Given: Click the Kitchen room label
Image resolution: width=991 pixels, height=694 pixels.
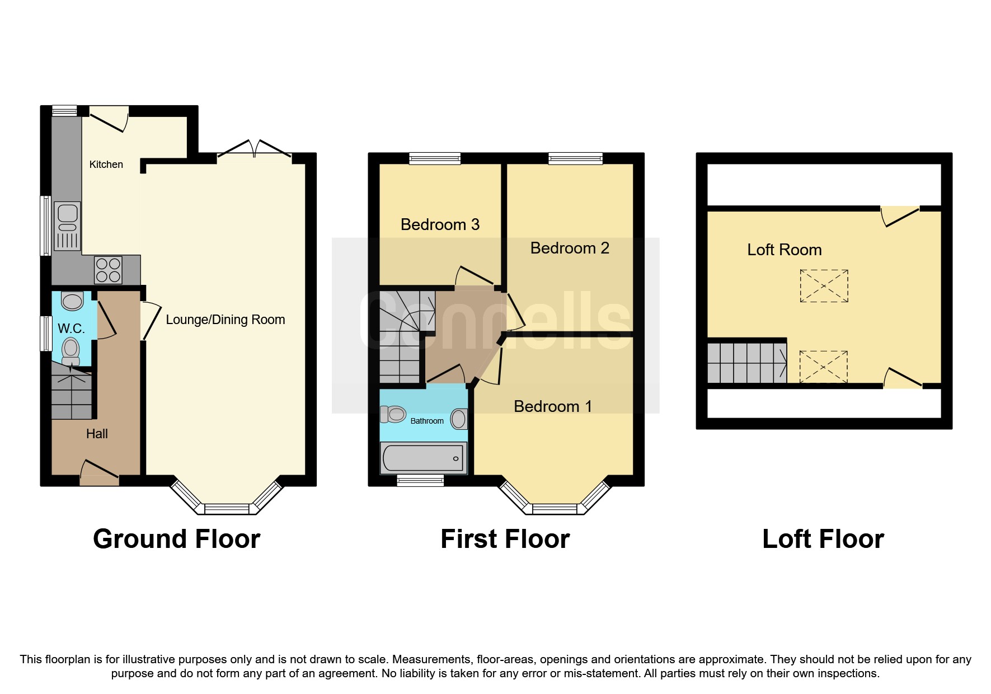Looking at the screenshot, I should [x=106, y=165].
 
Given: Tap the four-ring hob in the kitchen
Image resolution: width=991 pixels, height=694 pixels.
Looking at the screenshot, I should [x=108, y=270].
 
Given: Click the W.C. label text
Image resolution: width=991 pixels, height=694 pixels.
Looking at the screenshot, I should [x=71, y=329].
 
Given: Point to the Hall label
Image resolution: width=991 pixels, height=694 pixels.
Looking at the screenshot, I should [x=97, y=434].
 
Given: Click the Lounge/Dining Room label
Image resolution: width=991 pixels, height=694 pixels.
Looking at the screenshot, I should [x=225, y=320].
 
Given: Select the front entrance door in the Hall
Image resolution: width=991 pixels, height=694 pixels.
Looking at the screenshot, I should [x=100, y=473].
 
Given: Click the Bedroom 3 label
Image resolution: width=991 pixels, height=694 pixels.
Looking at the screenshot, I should [x=440, y=224].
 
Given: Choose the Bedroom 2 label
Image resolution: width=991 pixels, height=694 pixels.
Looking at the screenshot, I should [x=569, y=248].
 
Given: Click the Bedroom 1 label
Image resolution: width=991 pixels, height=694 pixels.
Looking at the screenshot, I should [x=552, y=406].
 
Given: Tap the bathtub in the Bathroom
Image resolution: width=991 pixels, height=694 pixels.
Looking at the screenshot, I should [x=423, y=458].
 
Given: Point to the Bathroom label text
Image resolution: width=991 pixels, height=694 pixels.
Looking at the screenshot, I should [x=427, y=421].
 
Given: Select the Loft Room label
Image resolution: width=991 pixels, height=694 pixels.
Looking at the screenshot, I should [x=784, y=250].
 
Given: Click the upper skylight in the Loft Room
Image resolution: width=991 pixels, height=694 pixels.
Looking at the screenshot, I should [x=824, y=286].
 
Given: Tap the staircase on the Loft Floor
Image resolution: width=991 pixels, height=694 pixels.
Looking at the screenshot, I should [x=746, y=363].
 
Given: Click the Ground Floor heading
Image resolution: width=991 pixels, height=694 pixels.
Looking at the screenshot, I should [x=176, y=539].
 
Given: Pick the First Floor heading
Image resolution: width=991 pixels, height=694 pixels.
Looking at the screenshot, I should [x=505, y=539].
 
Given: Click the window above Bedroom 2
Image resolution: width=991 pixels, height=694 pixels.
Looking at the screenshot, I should [x=575, y=158].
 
